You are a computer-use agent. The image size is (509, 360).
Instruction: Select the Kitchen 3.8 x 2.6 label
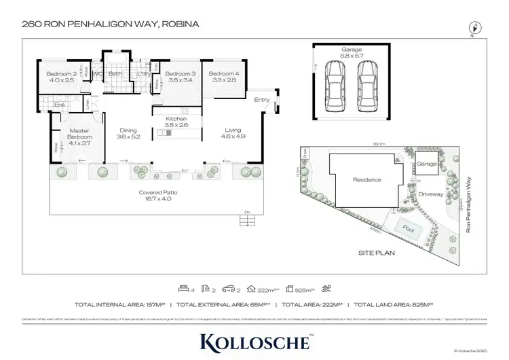(176, 121)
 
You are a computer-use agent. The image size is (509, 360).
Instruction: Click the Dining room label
(128, 134)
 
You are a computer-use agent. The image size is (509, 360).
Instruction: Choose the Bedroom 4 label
(223, 77)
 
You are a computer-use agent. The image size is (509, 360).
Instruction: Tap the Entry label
(262, 101)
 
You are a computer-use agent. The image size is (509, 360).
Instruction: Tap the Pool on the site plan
(407, 229)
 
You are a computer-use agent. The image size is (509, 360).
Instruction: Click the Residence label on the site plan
(367, 180)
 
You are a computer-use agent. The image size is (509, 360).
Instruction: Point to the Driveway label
(430, 194)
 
